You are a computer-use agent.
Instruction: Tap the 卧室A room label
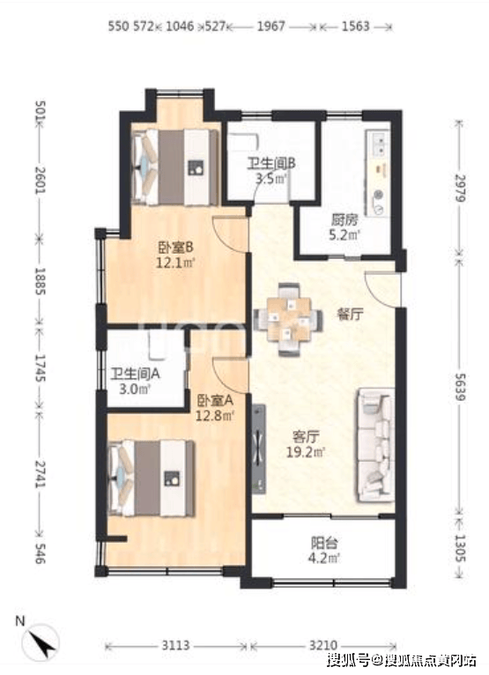point(215,401)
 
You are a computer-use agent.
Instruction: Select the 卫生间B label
point(270,164)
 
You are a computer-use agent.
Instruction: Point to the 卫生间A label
point(135,374)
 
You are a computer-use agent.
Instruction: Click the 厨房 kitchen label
point(345,220)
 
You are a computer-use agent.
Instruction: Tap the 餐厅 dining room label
point(350,315)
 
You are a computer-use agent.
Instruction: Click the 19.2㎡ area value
point(306,452)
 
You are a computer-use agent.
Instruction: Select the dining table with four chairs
point(288,319)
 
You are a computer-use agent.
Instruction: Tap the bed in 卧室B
point(174,167)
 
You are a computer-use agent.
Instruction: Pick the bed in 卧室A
point(151,478)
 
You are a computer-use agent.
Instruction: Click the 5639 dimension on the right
point(460,387)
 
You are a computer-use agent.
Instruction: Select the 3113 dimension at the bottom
point(175,646)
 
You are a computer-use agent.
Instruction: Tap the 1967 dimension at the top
point(271,26)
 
